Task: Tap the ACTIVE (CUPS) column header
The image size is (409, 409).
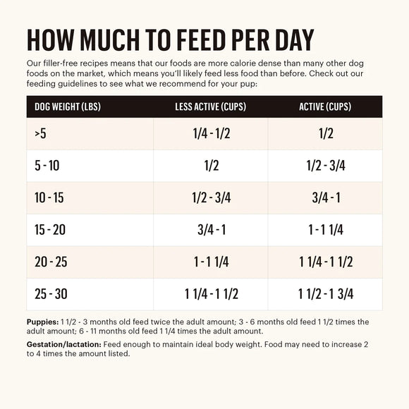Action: pyautogui.click(x=325, y=107)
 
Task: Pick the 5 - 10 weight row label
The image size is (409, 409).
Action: pyautogui.click(x=48, y=166)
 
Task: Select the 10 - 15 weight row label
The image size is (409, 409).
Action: pyautogui.click(x=49, y=198)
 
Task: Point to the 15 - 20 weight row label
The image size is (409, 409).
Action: pyautogui.click(x=50, y=230)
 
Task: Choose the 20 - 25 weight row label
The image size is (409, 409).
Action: pyautogui.click(x=51, y=262)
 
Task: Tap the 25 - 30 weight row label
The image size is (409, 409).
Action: pyautogui.click(x=51, y=294)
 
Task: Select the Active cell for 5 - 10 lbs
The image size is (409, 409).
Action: pyautogui.click(x=325, y=166)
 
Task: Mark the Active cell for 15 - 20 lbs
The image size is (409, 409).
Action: pyautogui.click(x=325, y=230)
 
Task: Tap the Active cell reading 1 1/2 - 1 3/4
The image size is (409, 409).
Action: pyautogui.click(x=325, y=294)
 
